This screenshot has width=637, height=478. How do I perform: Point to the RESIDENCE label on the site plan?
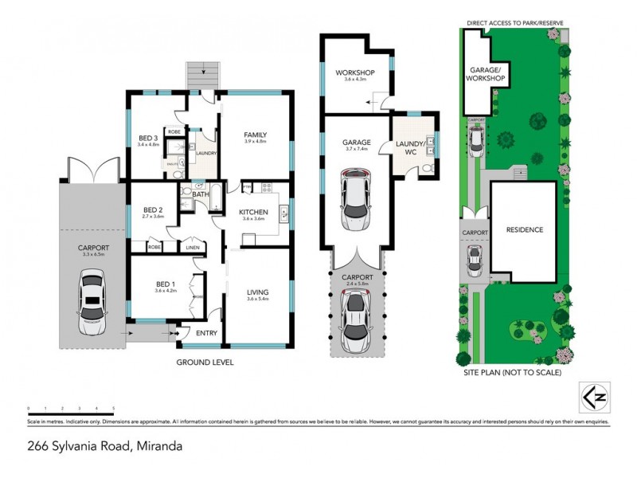pyautogui.click(x=525, y=230)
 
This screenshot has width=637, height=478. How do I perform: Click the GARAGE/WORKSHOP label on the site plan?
pyautogui.click(x=485, y=74)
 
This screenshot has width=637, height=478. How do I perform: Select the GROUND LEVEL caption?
pyautogui.click(x=205, y=362)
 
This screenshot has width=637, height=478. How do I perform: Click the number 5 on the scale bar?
pyautogui.click(x=114, y=408)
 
